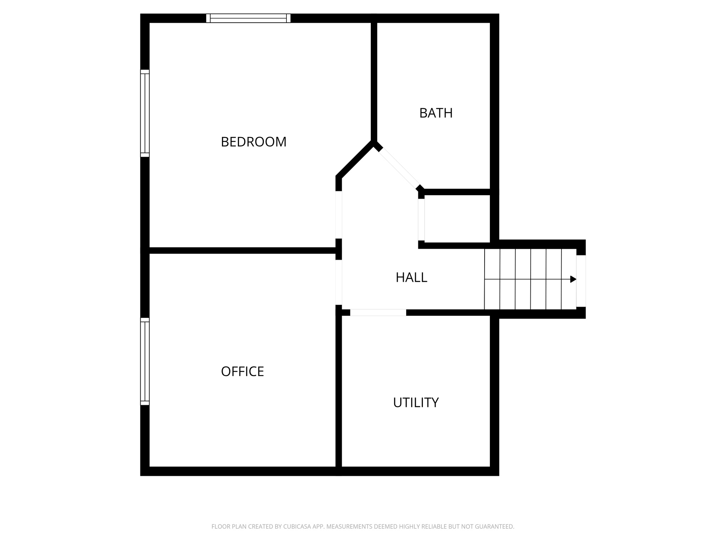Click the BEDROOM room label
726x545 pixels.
(x=253, y=142)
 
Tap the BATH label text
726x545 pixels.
(x=436, y=113)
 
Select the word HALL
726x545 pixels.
(x=411, y=277)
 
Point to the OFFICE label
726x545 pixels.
(x=242, y=371)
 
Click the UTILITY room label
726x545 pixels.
(x=416, y=403)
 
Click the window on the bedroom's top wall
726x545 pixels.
(x=248, y=18)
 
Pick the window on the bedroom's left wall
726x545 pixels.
(x=145, y=113)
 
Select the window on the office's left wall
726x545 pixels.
(x=145, y=361)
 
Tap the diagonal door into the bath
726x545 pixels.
(x=399, y=169)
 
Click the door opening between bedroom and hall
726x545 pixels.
(x=339, y=215)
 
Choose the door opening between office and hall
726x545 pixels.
(x=339, y=282)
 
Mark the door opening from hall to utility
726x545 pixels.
(x=378, y=313)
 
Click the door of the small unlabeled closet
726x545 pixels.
(x=421, y=219)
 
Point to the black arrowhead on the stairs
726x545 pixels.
(x=573, y=279)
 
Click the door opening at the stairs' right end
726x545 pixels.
(x=581, y=281)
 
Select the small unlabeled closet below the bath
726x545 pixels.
(x=457, y=219)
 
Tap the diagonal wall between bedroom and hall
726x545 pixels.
(x=355, y=159)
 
